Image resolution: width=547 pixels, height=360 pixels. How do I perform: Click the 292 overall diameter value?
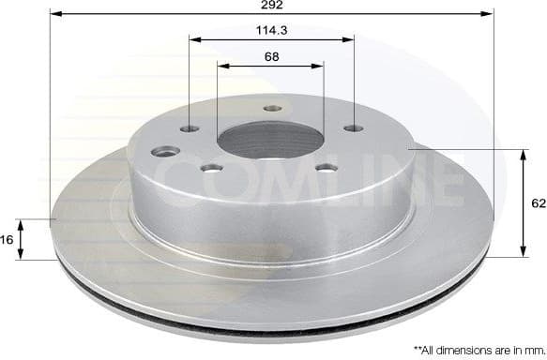pos(271,6)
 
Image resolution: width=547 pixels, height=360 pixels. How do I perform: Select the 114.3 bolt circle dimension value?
pos(271,30)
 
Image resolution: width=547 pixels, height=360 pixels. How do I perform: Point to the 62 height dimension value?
pos(537,202)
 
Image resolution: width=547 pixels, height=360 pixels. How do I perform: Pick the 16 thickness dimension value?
pos(8,240)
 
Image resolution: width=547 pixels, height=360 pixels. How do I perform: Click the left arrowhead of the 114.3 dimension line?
pos(193,39)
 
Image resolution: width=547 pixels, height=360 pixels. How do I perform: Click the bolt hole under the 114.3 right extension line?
pos(352,128)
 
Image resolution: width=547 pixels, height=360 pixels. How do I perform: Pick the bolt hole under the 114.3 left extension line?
pos(190,128)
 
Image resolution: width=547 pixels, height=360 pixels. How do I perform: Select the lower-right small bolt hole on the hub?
pos(327,168)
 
